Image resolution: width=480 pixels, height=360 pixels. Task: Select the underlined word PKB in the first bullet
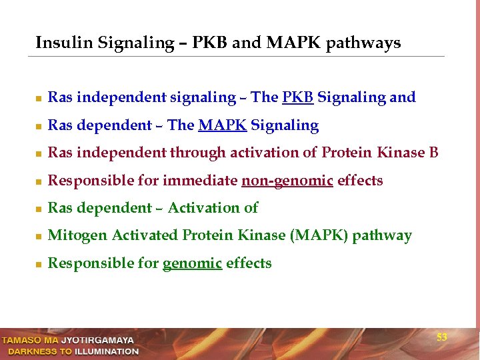click(298, 98)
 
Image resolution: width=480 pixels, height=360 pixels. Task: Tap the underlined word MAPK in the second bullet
click(222, 126)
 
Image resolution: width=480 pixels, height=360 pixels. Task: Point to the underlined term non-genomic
click(287, 181)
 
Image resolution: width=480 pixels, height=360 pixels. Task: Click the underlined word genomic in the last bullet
click(192, 263)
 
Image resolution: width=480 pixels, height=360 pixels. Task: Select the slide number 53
click(441, 338)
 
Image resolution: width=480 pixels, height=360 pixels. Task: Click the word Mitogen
click(77, 236)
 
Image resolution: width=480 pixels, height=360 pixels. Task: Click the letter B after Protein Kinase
click(433, 153)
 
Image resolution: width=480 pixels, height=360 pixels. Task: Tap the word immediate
click(200, 181)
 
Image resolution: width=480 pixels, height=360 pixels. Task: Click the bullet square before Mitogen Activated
click(39, 237)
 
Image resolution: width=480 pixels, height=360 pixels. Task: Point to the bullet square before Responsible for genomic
click(39, 265)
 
